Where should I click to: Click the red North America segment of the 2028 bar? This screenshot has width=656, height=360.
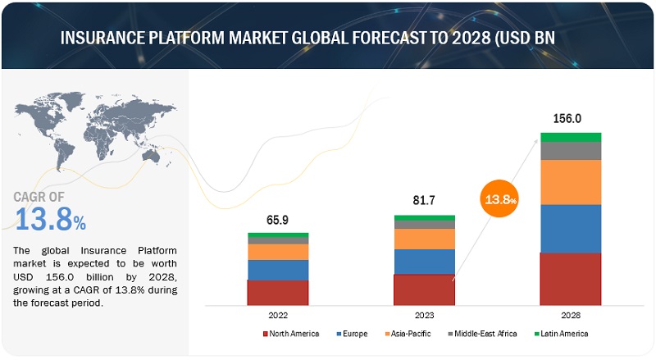pyautogui.click(x=571, y=279)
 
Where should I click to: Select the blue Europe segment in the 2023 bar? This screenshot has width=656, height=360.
pyautogui.click(x=424, y=261)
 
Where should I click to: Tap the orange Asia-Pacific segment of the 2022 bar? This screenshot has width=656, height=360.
pyautogui.click(x=278, y=252)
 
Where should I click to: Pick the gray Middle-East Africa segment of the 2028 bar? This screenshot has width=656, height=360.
pyautogui.click(x=571, y=151)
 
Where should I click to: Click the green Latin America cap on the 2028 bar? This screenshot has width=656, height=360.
pyautogui.click(x=571, y=137)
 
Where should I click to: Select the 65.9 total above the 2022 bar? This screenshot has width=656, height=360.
pyautogui.click(x=278, y=220)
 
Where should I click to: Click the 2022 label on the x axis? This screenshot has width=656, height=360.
pyautogui.click(x=278, y=314)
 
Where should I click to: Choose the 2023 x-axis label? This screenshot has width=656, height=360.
pyautogui.click(x=424, y=314)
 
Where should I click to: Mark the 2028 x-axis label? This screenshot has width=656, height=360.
pyautogui.click(x=571, y=314)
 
